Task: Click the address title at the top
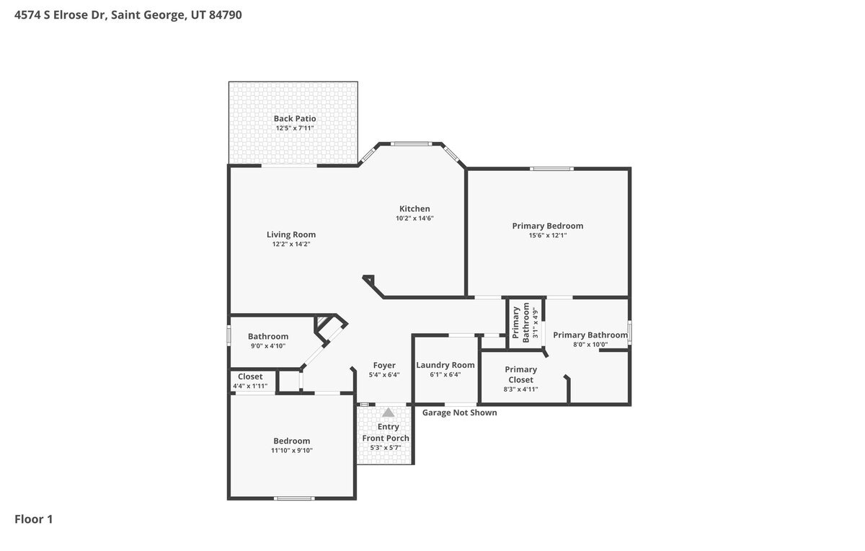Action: (x=128, y=15)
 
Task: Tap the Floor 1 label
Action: (x=34, y=519)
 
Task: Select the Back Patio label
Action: (x=295, y=118)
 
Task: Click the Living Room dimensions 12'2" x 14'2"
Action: (x=291, y=244)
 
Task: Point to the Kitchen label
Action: (x=414, y=208)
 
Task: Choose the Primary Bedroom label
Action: (x=548, y=226)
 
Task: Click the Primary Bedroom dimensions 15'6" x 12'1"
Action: (x=548, y=235)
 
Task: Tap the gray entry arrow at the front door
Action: (x=388, y=413)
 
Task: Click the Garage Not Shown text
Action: (x=460, y=413)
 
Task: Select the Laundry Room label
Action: (x=445, y=365)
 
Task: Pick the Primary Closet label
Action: (x=520, y=374)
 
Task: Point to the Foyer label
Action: (x=384, y=365)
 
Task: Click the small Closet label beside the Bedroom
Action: (x=250, y=376)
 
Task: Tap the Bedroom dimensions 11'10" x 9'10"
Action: (x=291, y=451)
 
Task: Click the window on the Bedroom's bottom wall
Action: (x=294, y=498)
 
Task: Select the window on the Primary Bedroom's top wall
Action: (x=551, y=169)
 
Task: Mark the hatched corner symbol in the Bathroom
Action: (x=322, y=322)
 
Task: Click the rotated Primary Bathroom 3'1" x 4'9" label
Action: (x=525, y=322)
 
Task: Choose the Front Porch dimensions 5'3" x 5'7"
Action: (x=386, y=448)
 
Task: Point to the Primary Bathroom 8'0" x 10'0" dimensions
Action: (x=590, y=345)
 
